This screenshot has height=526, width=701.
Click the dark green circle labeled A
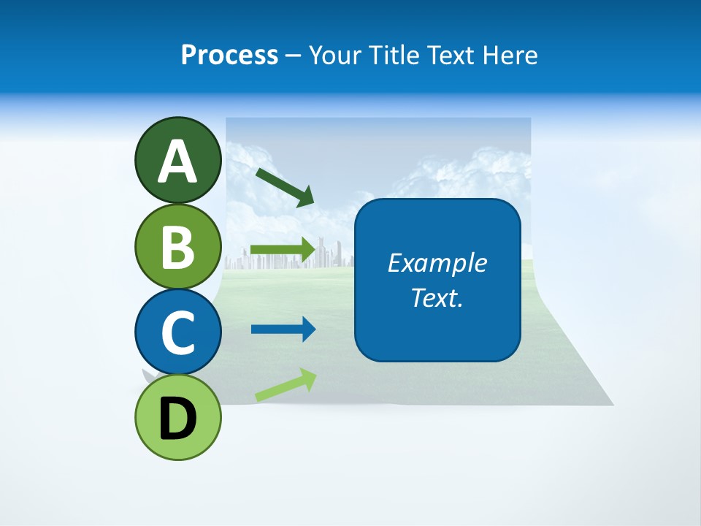point(177,160)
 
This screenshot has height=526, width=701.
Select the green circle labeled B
point(177,246)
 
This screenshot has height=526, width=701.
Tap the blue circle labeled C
point(177,332)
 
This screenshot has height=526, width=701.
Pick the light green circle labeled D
point(177,418)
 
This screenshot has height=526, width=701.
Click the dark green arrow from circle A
point(285,187)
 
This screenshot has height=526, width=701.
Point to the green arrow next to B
point(283,250)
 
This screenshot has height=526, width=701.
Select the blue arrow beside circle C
point(283,329)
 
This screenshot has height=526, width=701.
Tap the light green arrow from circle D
point(286,385)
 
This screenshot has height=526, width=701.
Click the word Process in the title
point(229,55)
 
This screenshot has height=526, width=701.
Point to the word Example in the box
point(437,263)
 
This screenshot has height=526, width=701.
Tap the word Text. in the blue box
point(437,297)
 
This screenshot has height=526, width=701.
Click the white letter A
point(177,161)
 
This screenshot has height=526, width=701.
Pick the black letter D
point(177,419)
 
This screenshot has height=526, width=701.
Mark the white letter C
point(177,332)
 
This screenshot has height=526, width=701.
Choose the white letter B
point(177,247)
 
